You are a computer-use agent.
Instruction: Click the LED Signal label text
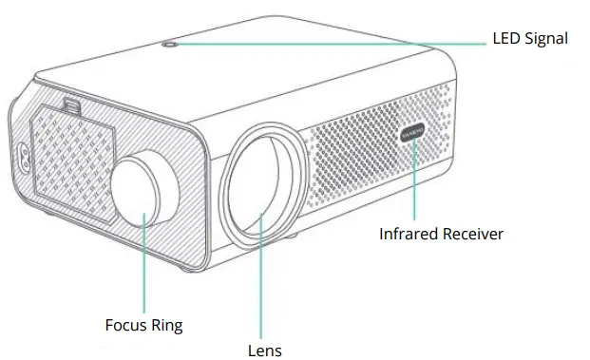(529, 39)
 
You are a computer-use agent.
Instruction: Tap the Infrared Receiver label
(441, 234)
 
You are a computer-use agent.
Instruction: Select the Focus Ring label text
(143, 326)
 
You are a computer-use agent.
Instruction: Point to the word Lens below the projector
(264, 350)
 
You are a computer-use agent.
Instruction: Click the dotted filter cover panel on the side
(71, 157)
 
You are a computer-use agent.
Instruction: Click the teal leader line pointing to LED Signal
(333, 41)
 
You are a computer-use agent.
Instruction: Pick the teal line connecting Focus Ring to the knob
(144, 266)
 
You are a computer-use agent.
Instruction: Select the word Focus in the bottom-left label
(125, 326)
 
